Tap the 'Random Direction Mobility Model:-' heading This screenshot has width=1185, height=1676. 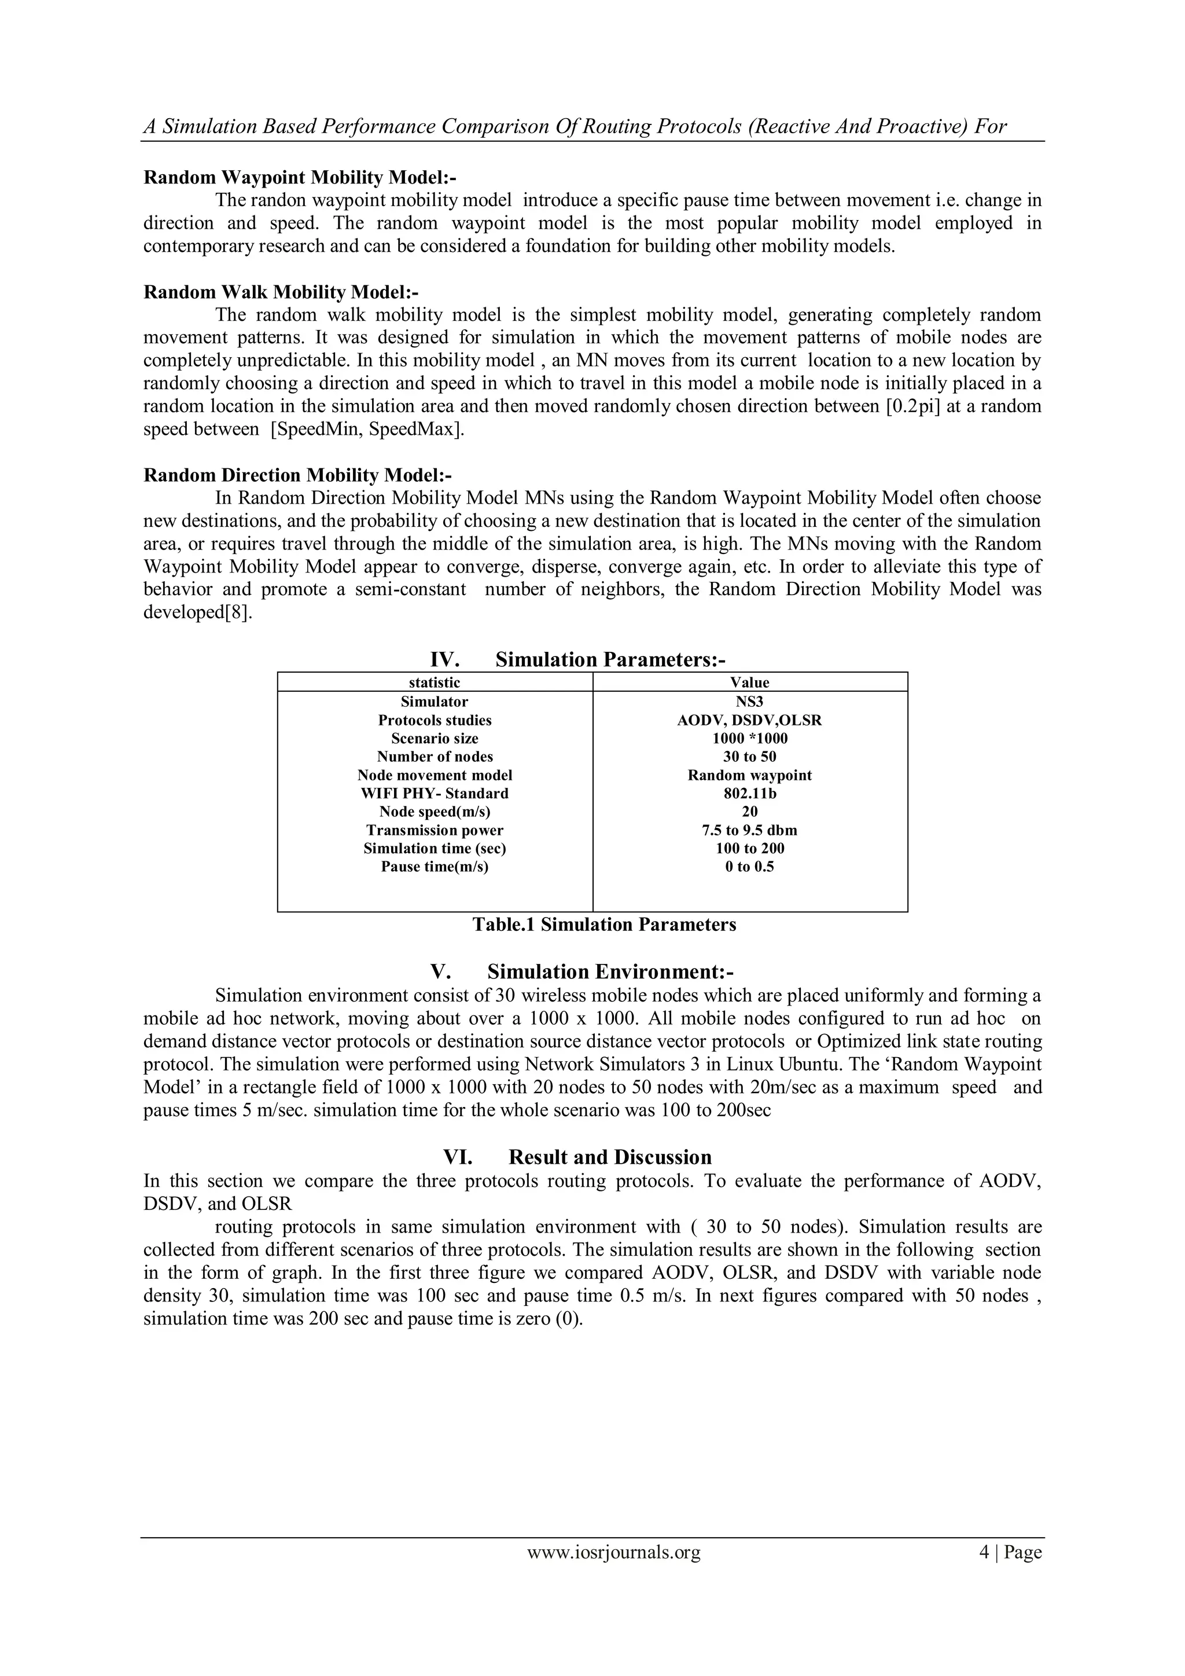(298, 475)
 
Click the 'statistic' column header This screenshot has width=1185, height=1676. (435, 683)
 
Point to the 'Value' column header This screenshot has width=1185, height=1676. (750, 683)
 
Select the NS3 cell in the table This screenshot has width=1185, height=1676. (750, 702)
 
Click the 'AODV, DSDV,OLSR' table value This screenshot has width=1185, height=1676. (749, 720)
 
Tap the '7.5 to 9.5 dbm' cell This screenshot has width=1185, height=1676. (749, 830)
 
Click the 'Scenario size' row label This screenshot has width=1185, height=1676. (435, 739)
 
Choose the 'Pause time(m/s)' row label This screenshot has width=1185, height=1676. (435, 867)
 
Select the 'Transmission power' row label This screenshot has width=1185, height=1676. (435, 830)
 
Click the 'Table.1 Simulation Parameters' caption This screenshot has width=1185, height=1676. (604, 925)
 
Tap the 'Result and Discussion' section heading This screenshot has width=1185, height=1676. (610, 1157)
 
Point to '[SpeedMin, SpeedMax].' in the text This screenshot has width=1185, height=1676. (368, 429)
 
